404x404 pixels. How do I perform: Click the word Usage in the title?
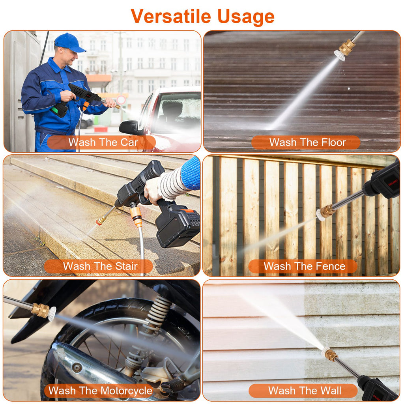click(x=245, y=17)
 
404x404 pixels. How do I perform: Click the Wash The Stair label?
click(x=99, y=266)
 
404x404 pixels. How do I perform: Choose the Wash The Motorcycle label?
click(x=100, y=391)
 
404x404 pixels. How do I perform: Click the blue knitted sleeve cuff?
click(x=191, y=173)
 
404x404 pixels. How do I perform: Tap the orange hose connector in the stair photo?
click(x=136, y=216)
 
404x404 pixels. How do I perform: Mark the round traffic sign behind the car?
click(x=121, y=100)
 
